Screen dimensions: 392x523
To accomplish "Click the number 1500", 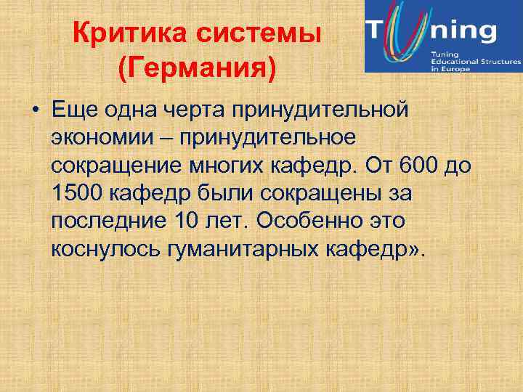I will pos(78,194).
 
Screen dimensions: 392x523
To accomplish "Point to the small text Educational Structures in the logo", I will pos(475,63).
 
